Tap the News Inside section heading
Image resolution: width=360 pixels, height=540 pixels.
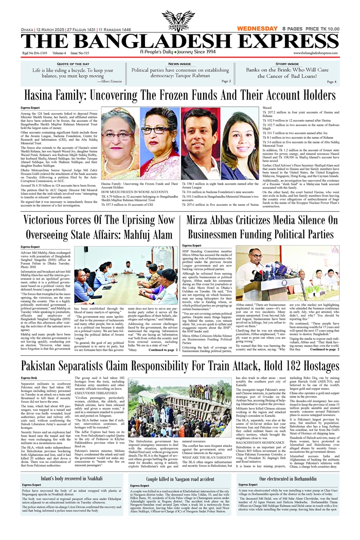coord(180,63)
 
